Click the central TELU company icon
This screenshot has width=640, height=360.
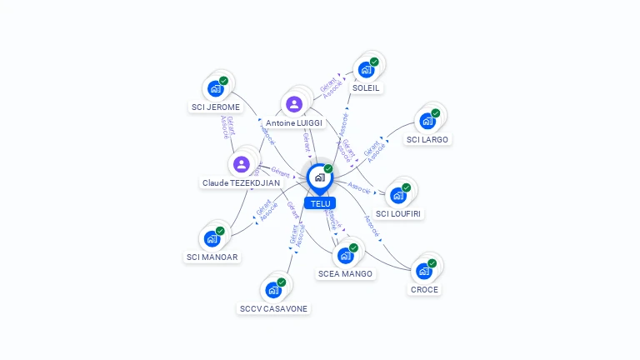coord(319,177)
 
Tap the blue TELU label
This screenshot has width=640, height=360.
coord(319,203)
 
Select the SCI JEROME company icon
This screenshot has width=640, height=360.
coord(215,88)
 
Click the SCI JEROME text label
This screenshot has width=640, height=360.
coord(216,107)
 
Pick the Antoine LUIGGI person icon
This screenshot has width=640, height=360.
coord(293,104)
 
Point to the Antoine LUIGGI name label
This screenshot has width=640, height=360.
coord(294,123)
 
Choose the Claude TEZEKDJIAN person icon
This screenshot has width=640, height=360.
coord(242,164)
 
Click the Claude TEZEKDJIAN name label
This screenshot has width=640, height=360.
coord(242,182)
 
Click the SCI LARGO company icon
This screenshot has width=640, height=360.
coord(427,121)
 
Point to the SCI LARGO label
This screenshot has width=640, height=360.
coord(427,139)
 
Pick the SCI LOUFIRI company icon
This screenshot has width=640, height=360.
coord(397,195)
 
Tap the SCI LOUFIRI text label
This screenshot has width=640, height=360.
coord(399,213)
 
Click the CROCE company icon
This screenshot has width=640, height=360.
coord(423,271)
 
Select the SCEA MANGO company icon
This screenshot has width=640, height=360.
coord(345,256)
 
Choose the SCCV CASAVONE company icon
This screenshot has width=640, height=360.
coord(272,290)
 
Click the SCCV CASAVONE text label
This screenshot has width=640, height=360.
coord(273,308)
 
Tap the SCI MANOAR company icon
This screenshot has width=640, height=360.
coord(212,238)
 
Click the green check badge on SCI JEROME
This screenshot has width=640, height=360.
coord(223,81)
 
